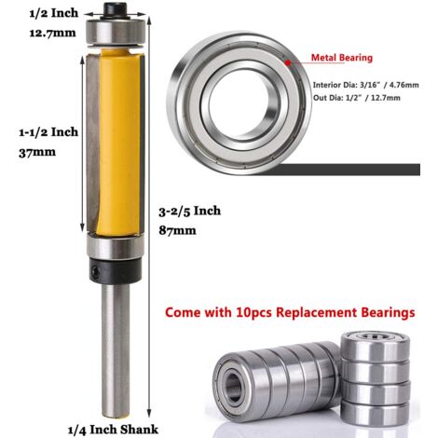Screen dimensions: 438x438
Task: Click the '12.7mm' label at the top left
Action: [52, 33]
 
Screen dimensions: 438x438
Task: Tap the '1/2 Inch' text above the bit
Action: [54, 13]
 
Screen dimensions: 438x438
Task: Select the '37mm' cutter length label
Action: [37, 153]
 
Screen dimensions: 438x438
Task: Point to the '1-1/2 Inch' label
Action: [48, 132]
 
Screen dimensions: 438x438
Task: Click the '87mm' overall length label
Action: [177, 230]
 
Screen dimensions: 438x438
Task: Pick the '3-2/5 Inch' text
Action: [190, 211]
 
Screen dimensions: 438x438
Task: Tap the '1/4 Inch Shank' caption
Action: [113, 430]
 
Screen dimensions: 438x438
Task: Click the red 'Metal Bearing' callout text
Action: [342, 58]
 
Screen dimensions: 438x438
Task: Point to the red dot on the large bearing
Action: [288, 63]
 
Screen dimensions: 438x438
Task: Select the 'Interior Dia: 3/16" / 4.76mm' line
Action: [365, 85]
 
